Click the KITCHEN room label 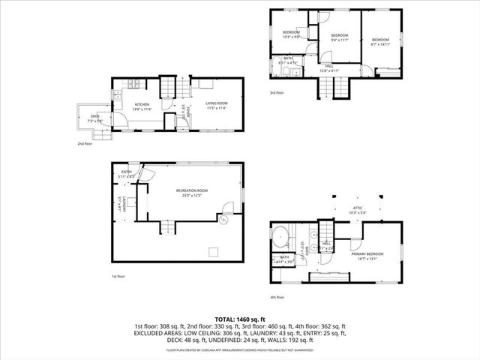(142, 104)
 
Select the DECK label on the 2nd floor (95, 116)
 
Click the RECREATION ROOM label (192, 190)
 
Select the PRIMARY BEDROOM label (367, 253)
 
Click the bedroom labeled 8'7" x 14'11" (380, 40)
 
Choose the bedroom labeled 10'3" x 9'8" (291, 33)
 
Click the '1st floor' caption (118, 276)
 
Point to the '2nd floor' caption (84, 143)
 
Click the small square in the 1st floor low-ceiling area (212, 250)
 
